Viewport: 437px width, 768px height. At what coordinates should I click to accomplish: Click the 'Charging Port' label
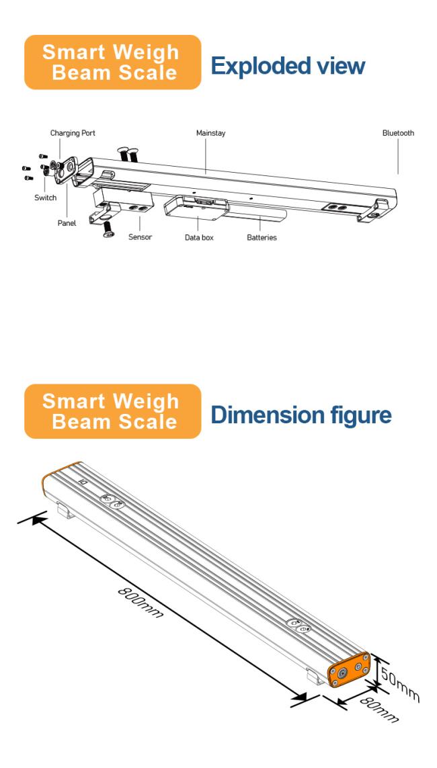point(73,133)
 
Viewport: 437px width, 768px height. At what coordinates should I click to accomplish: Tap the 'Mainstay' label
point(210,133)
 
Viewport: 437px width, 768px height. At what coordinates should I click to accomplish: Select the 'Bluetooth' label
point(398,133)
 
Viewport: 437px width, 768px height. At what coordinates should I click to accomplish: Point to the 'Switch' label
point(46,198)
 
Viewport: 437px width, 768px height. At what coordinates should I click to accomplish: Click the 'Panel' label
point(67,223)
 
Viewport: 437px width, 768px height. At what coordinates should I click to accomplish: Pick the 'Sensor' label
point(140,237)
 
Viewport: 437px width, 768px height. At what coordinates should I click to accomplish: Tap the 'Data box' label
point(199,237)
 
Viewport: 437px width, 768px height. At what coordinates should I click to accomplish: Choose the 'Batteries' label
point(262,237)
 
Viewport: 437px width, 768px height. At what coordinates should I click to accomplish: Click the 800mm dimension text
point(141,601)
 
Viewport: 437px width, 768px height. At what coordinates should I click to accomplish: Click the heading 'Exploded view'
point(287,66)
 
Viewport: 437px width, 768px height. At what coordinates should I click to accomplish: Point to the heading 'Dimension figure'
point(301,415)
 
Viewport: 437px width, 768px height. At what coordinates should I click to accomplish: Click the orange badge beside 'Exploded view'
point(112,62)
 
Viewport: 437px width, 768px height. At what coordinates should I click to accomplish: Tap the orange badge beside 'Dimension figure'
point(112,411)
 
